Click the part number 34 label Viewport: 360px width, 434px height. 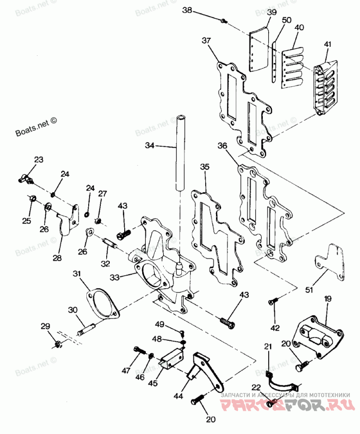(150, 145)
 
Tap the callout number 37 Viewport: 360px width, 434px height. (206, 41)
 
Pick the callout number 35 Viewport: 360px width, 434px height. (205, 167)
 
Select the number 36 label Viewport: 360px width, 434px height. (222, 145)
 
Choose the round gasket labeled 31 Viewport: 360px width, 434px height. (103, 303)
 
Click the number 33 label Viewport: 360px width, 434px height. (115, 278)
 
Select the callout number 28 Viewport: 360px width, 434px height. (57, 258)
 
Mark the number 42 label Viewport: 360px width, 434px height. (275, 327)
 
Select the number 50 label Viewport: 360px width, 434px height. (287, 21)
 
